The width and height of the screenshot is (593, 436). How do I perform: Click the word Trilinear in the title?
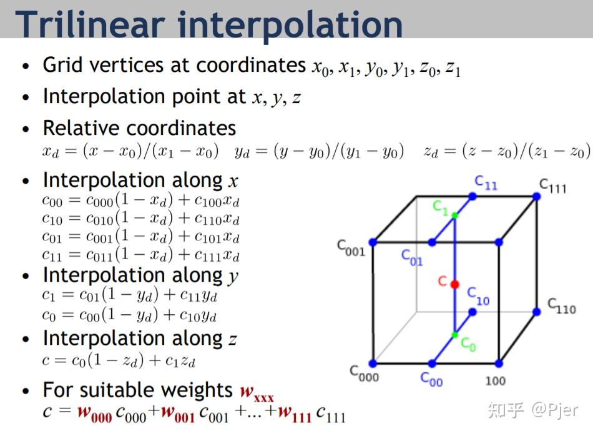point(90,24)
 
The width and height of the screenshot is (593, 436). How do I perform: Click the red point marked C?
point(454,284)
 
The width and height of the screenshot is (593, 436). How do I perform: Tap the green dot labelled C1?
point(455,216)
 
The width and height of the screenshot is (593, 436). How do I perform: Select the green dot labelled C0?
point(455,335)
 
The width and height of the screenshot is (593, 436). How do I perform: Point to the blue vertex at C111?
point(536,196)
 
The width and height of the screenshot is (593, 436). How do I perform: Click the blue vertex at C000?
point(373,364)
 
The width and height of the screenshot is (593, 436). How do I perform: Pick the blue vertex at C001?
point(373,242)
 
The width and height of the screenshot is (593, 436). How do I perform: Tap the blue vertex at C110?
point(536,312)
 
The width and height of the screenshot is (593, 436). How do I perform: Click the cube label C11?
point(486,182)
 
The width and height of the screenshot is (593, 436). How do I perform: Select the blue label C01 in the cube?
point(412,257)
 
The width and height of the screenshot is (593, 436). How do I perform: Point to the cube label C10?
point(478,296)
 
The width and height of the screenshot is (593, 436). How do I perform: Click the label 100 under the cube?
point(495,381)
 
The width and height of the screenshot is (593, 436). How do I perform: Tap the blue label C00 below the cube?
point(431,379)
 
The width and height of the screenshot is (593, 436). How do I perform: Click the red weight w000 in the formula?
point(94,412)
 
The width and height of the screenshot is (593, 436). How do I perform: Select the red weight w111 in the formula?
point(295,412)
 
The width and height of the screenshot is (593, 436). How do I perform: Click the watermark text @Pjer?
point(554,410)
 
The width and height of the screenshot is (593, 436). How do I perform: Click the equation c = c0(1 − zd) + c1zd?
point(119,360)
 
